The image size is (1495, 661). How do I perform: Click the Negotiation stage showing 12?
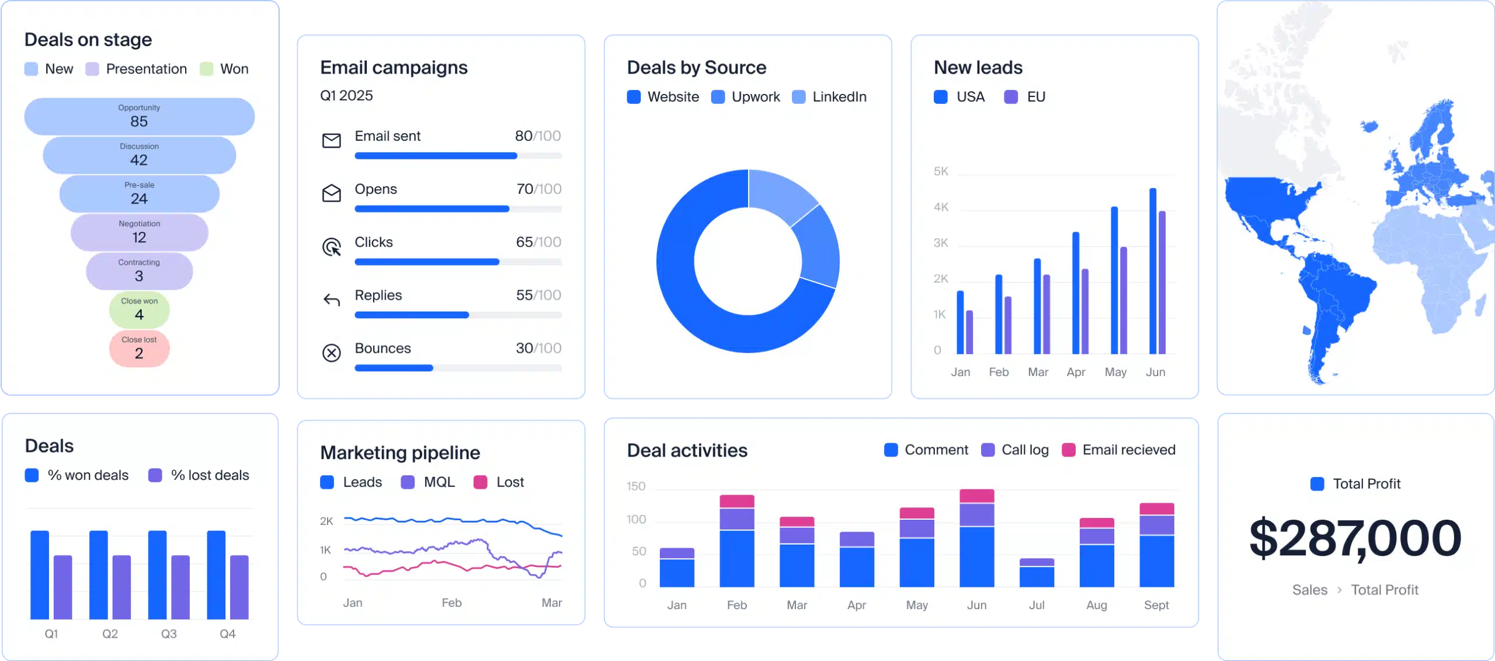(x=139, y=232)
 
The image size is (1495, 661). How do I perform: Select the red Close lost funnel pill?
(x=139, y=349)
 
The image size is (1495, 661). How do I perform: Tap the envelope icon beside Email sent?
(x=332, y=140)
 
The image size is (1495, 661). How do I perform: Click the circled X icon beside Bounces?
(x=332, y=353)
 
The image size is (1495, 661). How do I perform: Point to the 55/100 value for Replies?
(x=538, y=295)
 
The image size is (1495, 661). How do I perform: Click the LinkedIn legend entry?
(x=830, y=97)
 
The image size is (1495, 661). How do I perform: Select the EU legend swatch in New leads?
(x=1011, y=97)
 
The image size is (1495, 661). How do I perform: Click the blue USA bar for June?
(x=1153, y=271)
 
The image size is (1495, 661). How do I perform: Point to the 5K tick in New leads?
(x=941, y=172)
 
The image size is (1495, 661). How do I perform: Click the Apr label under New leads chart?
(x=1076, y=372)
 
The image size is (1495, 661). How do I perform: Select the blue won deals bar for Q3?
(x=158, y=575)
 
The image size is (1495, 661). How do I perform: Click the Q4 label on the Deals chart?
(x=227, y=634)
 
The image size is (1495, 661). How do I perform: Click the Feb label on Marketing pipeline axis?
(x=451, y=603)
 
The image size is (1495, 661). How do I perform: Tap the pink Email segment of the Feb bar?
(x=737, y=501)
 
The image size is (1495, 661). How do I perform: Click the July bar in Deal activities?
(x=1037, y=573)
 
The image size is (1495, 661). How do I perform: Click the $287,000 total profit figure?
(x=1355, y=538)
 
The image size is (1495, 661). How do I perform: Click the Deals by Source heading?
(x=696, y=68)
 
